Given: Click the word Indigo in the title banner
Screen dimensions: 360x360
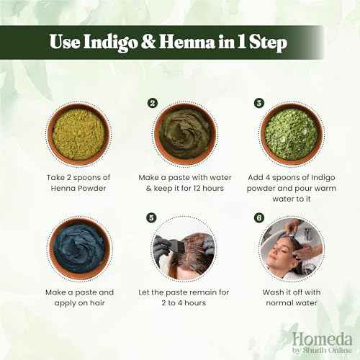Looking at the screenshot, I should pos(117,42).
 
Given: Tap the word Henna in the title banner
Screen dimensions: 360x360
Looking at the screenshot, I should pos(192,42).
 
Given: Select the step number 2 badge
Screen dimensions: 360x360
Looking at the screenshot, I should pos(153,103).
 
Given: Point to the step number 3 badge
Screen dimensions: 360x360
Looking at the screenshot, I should pos(258,103).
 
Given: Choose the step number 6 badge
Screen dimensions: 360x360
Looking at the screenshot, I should pos(258,216).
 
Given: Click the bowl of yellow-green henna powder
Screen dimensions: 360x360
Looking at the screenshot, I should pos(78,135).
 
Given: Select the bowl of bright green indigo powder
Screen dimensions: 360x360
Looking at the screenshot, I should pos(291,135).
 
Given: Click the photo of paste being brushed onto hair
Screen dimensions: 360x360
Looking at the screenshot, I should pos(184,248).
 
